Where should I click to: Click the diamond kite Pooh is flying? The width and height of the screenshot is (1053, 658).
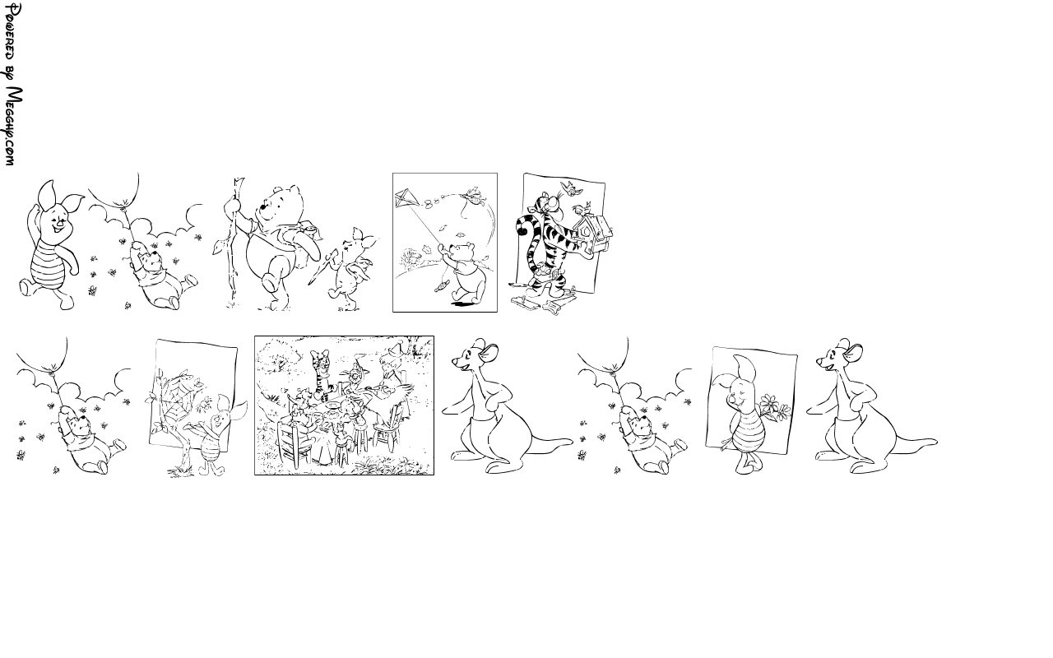pos(403,199)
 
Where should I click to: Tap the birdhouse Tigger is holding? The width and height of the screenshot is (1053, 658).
pos(594,234)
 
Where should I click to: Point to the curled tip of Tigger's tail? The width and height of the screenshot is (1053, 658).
pos(522,226)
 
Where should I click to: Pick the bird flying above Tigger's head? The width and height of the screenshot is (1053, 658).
pos(571,188)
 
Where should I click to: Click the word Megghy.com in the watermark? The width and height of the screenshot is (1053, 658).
pos(11,127)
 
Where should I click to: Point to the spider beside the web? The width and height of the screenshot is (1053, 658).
pos(205,403)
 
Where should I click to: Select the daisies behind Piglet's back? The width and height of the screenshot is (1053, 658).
pos(774,407)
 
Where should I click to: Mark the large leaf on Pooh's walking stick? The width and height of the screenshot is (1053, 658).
pos(219,248)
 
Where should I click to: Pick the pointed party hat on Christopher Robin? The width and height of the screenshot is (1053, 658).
pos(395,349)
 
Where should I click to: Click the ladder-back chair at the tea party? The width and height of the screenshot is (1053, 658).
pos(294,442)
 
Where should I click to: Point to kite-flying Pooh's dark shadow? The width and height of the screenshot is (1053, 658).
pos(463,304)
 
